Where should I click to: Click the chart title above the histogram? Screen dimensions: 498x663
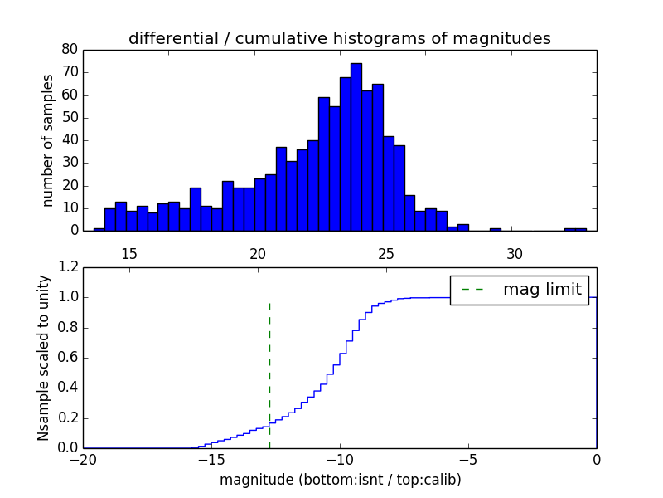click(339, 38)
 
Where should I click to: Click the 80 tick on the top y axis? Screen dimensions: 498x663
click(70, 50)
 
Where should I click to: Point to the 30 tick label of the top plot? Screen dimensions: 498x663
click(515, 253)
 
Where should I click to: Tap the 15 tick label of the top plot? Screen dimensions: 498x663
click(129, 253)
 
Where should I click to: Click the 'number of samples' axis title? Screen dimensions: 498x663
click(48, 139)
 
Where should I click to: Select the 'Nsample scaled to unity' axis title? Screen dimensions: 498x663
click(43, 359)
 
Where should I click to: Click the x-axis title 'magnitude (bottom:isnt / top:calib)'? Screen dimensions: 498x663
click(340, 480)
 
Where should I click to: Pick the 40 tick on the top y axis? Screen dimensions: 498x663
click(70, 140)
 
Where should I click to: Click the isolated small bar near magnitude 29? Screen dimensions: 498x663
click(495, 229)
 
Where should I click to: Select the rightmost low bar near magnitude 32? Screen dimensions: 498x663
click(575, 229)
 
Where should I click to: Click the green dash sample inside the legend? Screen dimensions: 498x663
click(472, 290)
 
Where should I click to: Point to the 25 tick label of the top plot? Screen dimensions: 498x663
click(386, 253)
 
